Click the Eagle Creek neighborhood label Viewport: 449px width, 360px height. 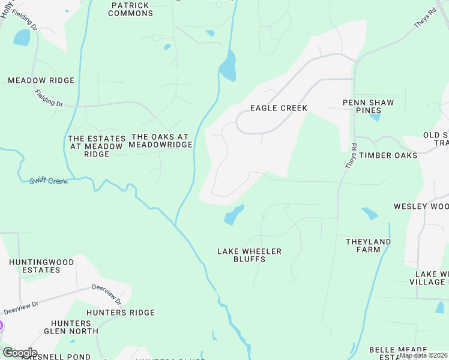[279, 109]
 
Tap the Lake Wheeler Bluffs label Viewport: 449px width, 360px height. [250, 255]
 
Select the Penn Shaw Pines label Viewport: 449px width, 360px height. [369, 106]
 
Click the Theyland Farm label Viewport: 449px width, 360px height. [368, 245]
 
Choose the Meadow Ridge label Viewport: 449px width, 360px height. [41, 80]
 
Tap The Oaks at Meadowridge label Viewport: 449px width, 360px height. [161, 140]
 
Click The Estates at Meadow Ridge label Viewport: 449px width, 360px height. [97, 146]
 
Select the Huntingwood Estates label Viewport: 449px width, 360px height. [41, 266]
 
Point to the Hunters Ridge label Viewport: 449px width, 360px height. [121, 313]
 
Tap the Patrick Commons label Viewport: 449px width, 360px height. [131, 9]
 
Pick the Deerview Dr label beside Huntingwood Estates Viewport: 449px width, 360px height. [20, 308]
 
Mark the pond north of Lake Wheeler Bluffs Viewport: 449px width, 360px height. [234, 215]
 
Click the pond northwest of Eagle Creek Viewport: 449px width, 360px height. [228, 66]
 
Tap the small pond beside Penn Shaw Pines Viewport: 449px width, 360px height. [375, 117]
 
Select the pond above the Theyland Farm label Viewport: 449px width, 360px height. [370, 214]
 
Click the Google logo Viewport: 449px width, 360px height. [20, 353]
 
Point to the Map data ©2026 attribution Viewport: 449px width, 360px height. [424, 355]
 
